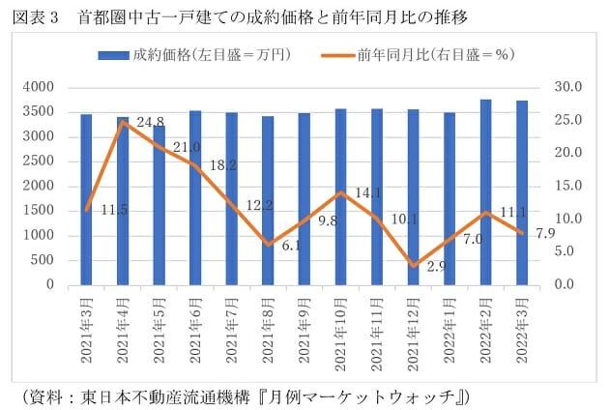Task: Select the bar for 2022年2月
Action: click(485, 192)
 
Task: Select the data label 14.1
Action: click(362, 192)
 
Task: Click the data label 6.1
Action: click(291, 246)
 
